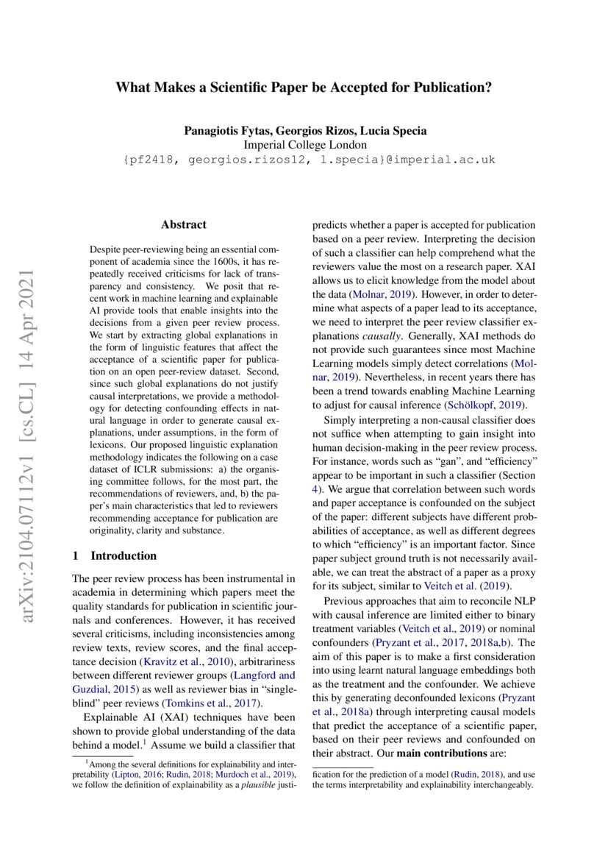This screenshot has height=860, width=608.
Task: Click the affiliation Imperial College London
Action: (x=304, y=145)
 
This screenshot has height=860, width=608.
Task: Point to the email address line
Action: (x=304, y=159)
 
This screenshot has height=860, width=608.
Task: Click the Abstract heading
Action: (x=183, y=225)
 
